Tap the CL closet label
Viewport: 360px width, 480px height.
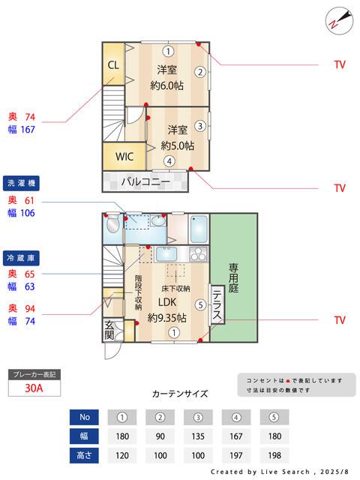[113, 64]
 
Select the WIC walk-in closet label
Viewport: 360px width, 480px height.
[124, 157]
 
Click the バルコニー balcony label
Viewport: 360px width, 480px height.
[143, 181]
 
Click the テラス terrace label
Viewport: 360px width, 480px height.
[216, 304]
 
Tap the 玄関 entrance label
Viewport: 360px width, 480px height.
[109, 331]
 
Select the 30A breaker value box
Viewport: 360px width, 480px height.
[34, 388]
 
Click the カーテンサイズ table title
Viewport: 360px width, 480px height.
[180, 394]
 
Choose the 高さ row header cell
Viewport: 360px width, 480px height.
[84, 454]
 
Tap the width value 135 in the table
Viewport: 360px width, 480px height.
[198, 436]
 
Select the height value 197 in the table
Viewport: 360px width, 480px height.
[236, 454]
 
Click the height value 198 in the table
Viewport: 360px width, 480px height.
[274, 454]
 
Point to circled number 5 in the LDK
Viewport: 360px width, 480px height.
[199, 304]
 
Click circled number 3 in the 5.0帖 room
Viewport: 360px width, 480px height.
[200, 125]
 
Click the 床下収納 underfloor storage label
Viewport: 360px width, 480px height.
[175, 288]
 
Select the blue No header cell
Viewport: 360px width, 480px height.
[84, 417]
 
